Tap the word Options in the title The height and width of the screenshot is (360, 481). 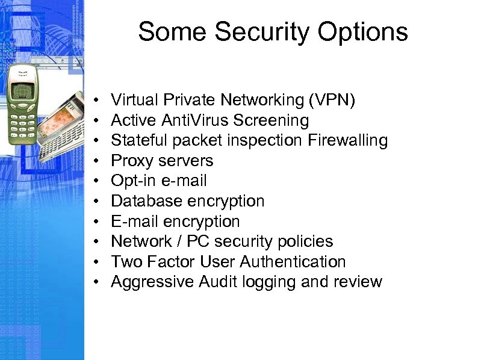(363, 32)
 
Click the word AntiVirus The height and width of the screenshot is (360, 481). (195, 120)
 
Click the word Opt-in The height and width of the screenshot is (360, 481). (132, 181)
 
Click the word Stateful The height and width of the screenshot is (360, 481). (134, 140)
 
